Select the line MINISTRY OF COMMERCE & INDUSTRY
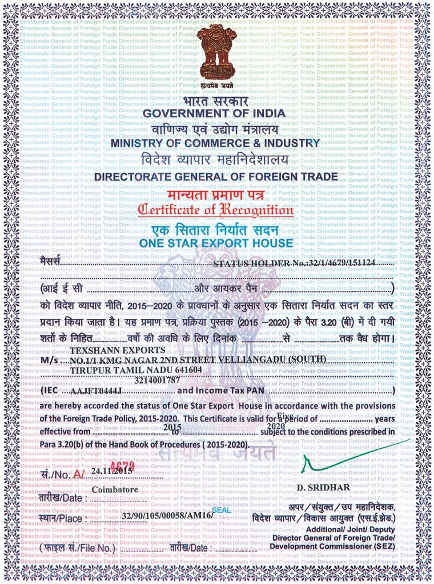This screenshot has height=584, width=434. (215, 143)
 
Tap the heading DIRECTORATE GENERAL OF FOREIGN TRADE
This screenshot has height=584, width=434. (216, 177)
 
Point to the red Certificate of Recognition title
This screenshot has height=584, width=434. (216, 210)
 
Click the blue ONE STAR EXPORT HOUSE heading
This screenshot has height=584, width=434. (216, 244)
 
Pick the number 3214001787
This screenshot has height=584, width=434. (157, 379)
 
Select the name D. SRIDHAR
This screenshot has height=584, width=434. (324, 488)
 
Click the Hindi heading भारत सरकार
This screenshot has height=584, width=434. (216, 101)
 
